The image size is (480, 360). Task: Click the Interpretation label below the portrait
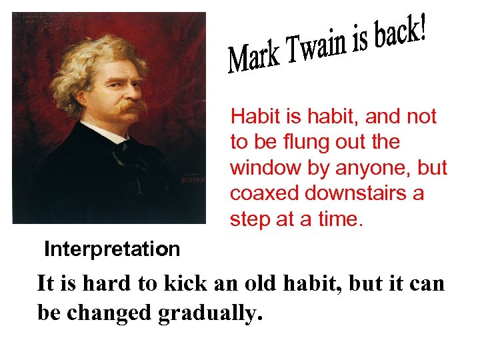(x=112, y=249)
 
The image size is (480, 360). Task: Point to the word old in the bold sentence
(x=239, y=284)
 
